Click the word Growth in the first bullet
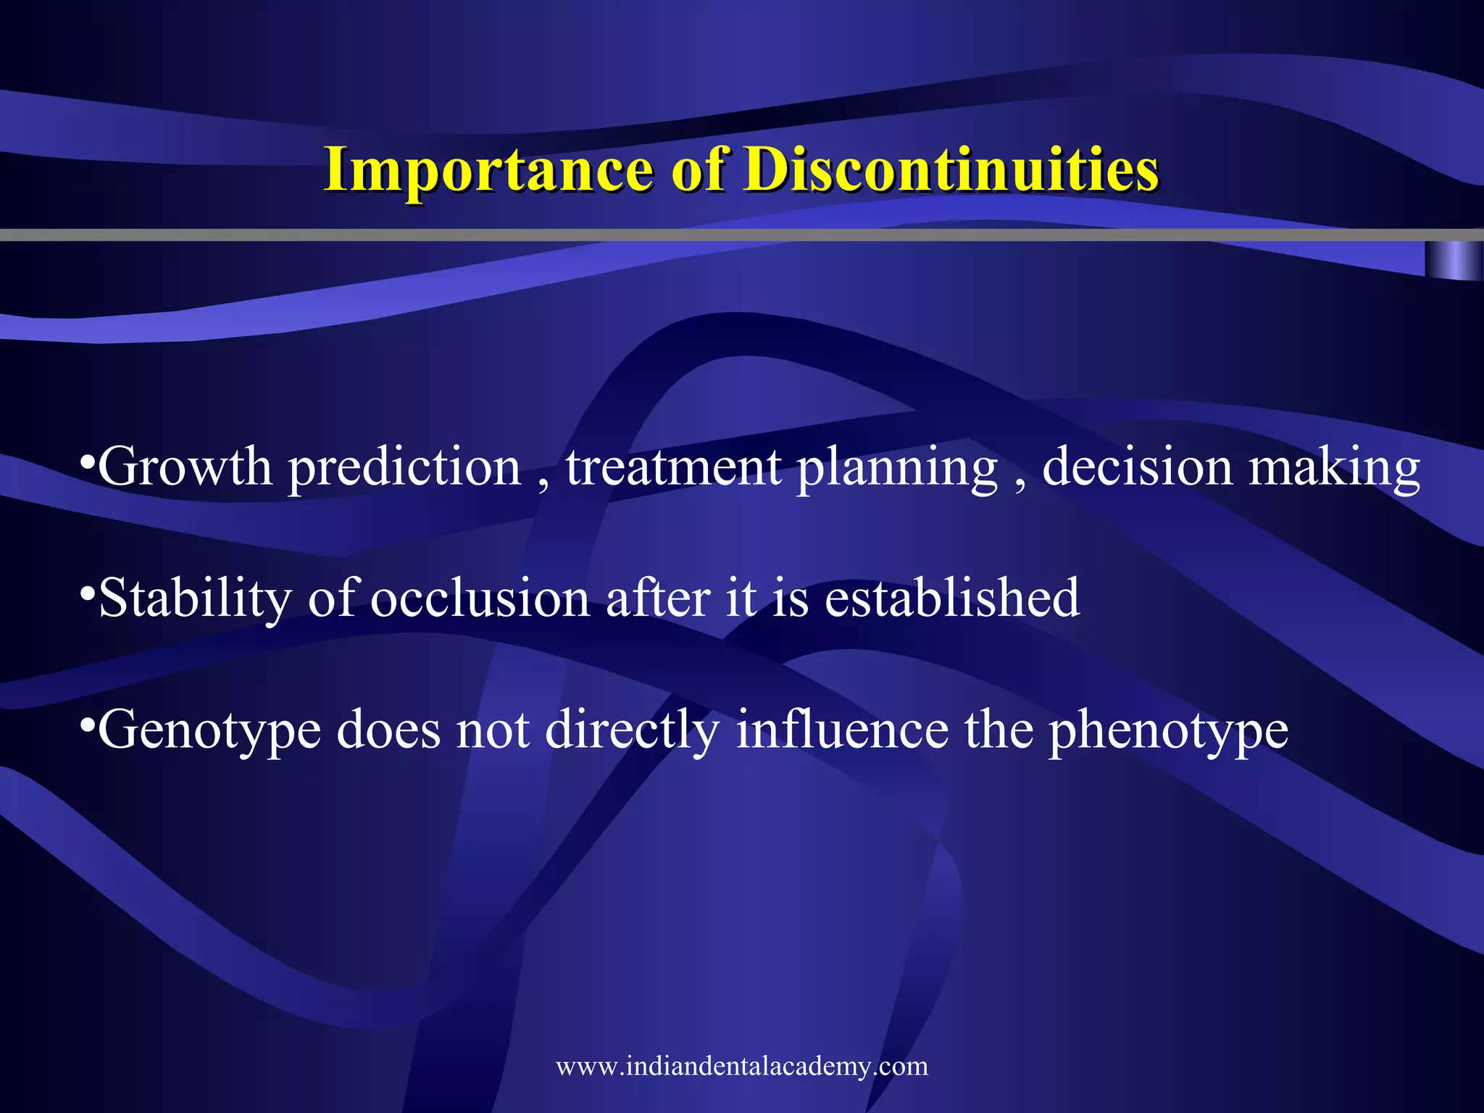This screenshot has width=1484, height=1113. (185, 467)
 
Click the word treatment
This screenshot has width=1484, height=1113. (673, 467)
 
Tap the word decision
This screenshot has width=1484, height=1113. (1137, 467)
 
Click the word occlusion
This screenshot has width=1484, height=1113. (480, 599)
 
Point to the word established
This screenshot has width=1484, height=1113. (952, 599)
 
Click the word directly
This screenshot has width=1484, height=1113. (632, 730)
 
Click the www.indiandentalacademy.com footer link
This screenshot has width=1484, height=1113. (741, 1066)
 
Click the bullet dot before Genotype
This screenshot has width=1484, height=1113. (86, 724)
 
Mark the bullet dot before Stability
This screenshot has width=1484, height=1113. (86, 593)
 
